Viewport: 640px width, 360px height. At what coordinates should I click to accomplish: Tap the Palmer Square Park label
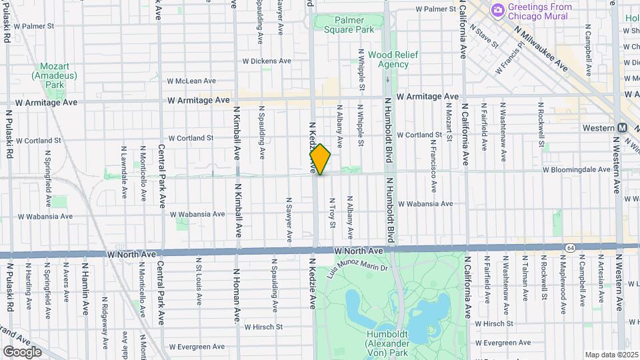[x=349, y=25]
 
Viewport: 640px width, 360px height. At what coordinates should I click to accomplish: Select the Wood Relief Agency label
[x=389, y=59]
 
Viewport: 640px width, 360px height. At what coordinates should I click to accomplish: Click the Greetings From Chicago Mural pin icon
[x=497, y=10]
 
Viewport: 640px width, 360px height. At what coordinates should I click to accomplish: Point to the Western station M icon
[x=622, y=127]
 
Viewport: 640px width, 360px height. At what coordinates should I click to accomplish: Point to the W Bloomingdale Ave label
[x=576, y=170]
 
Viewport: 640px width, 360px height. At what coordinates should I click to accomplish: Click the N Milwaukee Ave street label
[x=542, y=49]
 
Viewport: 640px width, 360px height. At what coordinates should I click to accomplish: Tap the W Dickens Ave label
[x=267, y=61]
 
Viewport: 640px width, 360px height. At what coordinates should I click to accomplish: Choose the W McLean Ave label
[x=191, y=81]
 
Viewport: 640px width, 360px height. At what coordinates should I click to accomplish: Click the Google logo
[x=22, y=351]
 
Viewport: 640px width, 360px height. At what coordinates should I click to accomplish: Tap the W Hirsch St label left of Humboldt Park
[x=263, y=327]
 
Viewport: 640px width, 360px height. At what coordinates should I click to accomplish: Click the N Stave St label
[x=485, y=37]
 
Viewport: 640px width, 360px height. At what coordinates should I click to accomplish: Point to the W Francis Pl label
[x=510, y=59]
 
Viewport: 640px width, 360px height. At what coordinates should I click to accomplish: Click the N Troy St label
[x=332, y=212]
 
